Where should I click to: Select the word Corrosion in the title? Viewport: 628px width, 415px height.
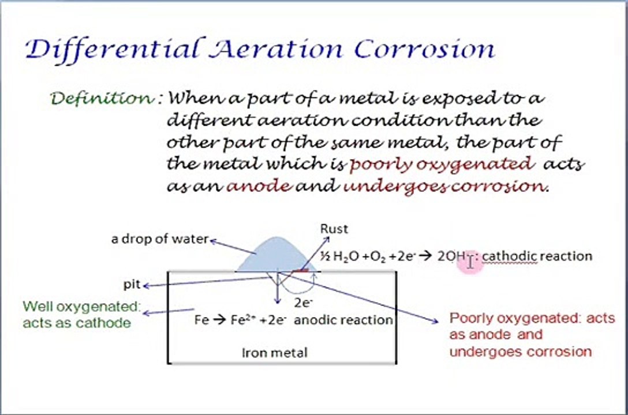(424, 49)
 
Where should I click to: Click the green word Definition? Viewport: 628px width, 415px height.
(103, 98)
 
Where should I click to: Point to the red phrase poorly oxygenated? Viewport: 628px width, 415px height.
(442, 164)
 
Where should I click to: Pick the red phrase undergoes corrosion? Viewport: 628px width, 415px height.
(443, 186)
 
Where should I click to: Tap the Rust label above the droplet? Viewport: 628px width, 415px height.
(334, 229)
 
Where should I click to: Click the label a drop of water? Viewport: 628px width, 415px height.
(159, 239)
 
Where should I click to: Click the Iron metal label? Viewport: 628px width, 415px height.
(275, 352)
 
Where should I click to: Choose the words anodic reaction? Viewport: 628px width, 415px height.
(343, 320)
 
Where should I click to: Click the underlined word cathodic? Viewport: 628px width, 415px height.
(509, 256)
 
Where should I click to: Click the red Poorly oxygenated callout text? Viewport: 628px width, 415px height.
(532, 334)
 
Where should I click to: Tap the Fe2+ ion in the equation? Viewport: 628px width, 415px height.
(241, 320)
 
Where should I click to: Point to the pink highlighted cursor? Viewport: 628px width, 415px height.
(471, 262)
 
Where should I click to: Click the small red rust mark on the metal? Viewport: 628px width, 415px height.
(301, 269)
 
